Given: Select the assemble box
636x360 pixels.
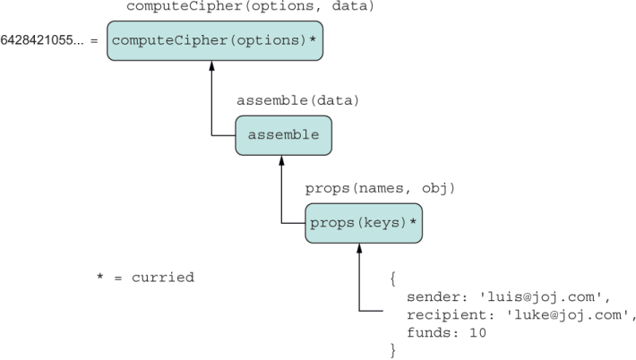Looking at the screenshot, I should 284,134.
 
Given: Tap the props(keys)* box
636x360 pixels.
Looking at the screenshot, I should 363,224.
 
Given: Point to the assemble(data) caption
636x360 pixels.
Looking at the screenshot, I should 289,100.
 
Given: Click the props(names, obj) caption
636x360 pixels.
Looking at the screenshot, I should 381,188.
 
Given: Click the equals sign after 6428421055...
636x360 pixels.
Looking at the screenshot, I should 94,41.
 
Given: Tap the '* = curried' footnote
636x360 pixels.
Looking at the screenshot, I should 145,278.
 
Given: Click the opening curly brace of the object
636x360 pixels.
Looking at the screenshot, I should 392,279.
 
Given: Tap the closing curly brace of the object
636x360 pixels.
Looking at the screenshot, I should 392,350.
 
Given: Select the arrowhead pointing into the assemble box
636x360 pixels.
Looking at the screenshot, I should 281,159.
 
